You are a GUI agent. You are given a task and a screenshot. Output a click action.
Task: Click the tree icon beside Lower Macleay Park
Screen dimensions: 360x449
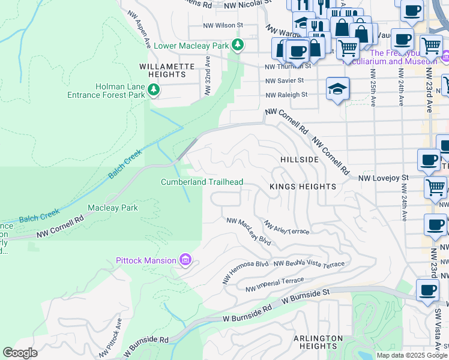[238, 45]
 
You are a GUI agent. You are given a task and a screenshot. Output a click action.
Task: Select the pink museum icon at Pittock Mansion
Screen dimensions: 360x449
[185, 260]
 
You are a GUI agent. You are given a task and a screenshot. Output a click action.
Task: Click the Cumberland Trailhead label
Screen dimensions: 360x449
[202, 182]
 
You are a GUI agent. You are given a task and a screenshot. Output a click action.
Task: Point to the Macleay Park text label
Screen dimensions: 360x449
[113, 208]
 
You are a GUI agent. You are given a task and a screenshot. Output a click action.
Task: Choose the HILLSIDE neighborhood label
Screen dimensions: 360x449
[300, 160]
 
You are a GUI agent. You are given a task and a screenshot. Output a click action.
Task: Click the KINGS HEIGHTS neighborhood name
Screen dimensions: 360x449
[303, 187]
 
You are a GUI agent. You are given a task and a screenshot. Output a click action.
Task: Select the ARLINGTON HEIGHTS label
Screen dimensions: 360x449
[318, 343]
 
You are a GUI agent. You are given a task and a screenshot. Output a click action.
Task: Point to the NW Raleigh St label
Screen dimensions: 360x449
[286, 94]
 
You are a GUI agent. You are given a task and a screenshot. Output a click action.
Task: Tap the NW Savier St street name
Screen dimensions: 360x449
[285, 80]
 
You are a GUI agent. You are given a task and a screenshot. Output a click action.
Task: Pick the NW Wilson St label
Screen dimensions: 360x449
[222, 25]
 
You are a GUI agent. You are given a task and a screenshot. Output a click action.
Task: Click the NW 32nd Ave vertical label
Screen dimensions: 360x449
[207, 74]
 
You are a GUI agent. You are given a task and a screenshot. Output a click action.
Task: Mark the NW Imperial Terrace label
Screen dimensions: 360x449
[275, 284]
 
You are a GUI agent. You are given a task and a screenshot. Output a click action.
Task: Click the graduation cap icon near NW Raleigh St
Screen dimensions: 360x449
[337, 89]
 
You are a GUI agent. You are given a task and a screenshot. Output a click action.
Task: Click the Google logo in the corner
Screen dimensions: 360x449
[20, 352]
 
